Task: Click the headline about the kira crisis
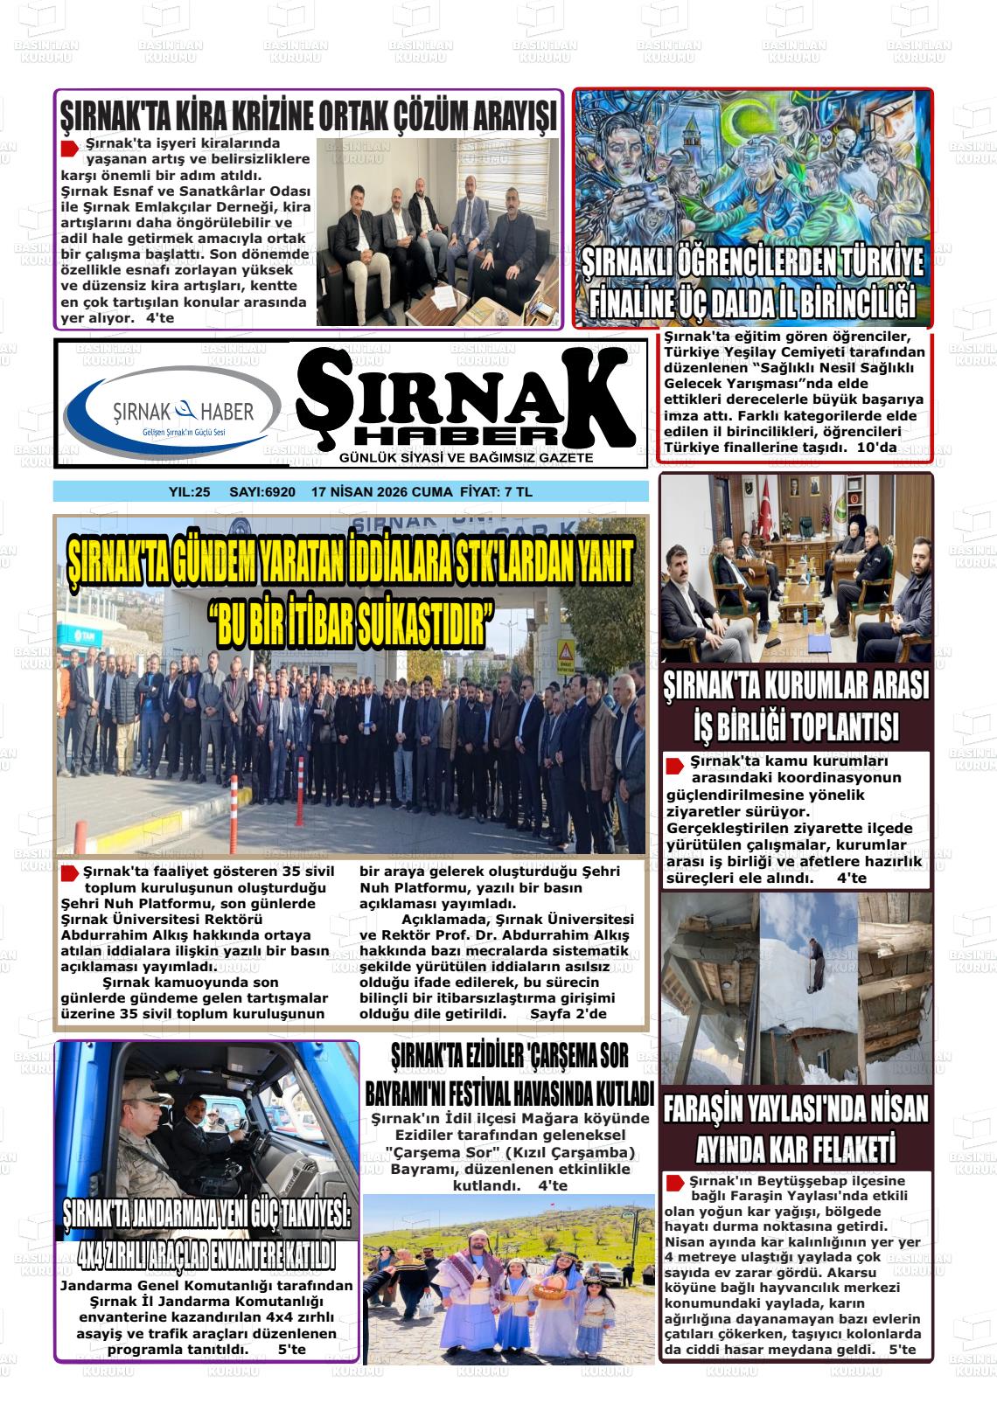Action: tap(308, 115)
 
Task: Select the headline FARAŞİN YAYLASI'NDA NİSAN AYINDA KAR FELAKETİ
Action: tap(796, 1128)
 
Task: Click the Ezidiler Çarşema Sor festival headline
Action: tap(509, 1074)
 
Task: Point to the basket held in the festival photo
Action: tap(548, 1285)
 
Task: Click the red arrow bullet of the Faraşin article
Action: tap(673, 1183)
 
